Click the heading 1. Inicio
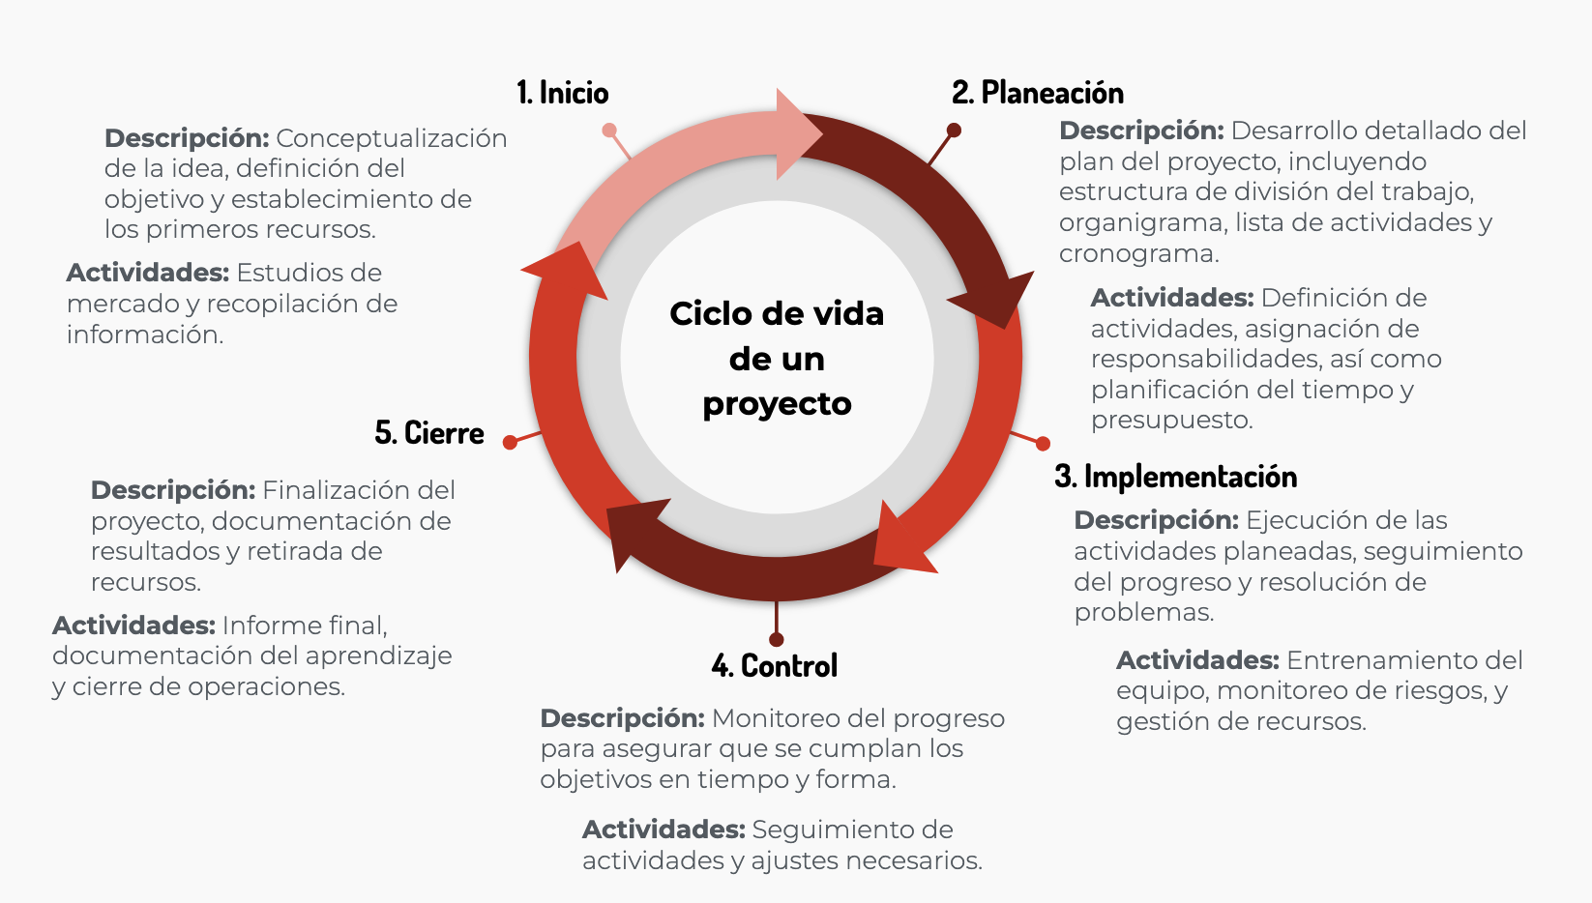562,93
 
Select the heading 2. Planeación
1038,93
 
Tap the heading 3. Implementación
1175,476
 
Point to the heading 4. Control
775,666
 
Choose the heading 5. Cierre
429,433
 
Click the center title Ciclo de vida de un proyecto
777,359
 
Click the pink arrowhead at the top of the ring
797,134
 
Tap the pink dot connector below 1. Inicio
609,130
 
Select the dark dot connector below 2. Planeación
954,130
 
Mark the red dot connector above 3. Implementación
1043,444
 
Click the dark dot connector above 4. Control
776,639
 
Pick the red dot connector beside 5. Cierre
510,443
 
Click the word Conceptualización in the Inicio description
392,138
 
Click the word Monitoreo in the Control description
778,718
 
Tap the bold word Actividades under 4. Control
663,830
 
